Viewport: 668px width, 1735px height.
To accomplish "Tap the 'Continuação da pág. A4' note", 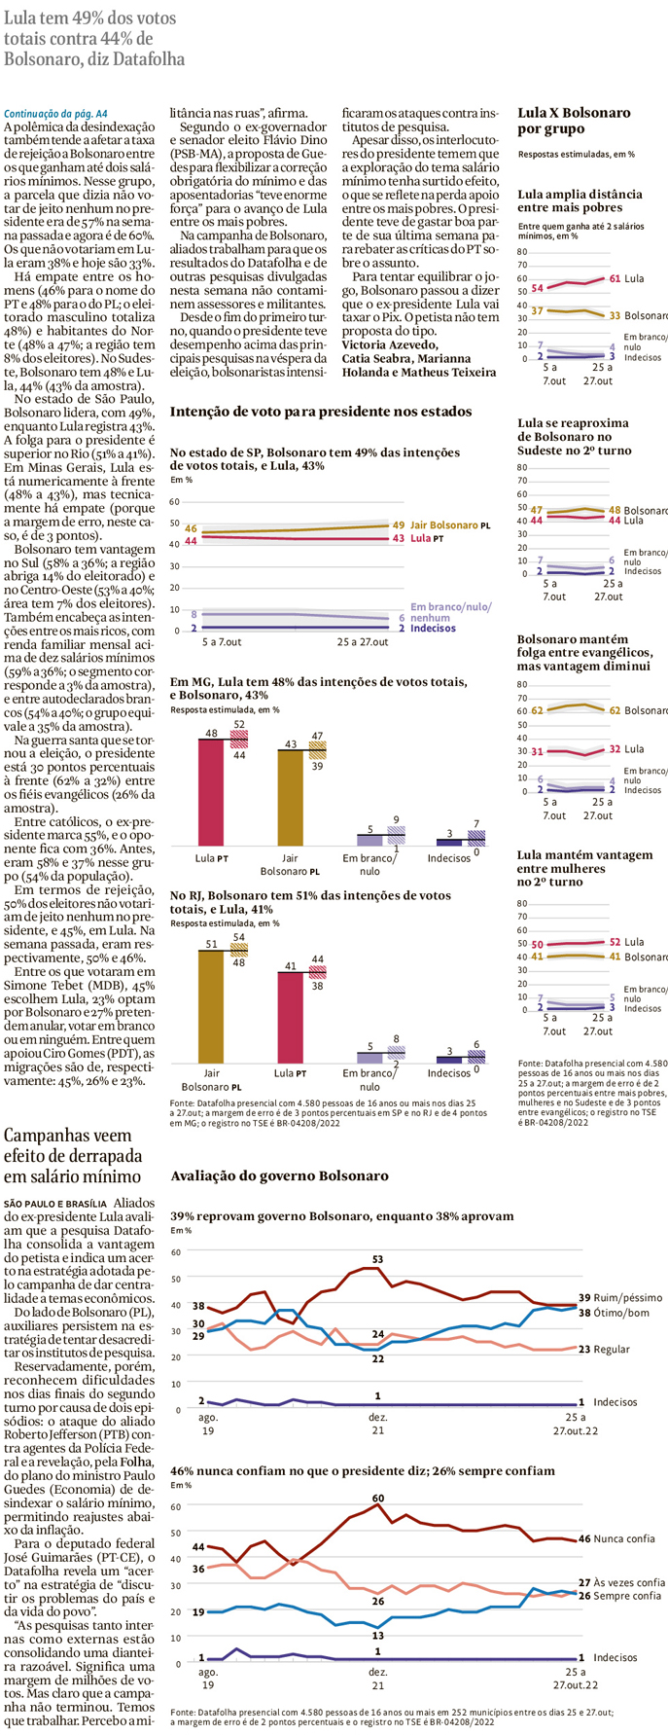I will (x=55, y=114).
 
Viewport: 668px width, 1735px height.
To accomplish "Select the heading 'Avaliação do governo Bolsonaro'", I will (x=279, y=1175).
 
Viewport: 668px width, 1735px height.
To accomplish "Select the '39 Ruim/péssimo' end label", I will (x=620, y=1297).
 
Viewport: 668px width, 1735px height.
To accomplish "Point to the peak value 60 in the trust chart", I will (x=377, y=1498).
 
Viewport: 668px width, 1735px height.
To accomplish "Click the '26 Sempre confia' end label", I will (x=620, y=1596).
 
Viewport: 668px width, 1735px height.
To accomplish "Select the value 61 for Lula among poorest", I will (x=615, y=278).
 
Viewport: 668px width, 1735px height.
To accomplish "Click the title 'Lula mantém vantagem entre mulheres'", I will (x=584, y=868).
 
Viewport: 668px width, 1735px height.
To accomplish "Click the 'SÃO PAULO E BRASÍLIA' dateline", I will (x=59, y=1204).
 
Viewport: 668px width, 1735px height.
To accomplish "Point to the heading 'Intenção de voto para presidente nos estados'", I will (x=321, y=412).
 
